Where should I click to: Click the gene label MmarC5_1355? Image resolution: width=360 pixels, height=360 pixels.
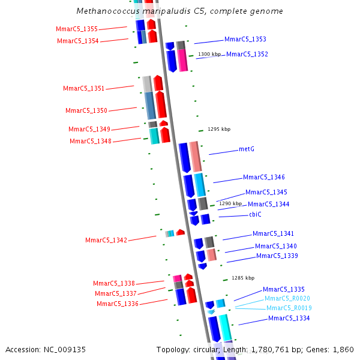[x=76, y=29]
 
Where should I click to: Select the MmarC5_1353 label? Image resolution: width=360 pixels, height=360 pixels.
[x=245, y=39]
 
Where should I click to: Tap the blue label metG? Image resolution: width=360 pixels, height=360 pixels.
[x=247, y=149]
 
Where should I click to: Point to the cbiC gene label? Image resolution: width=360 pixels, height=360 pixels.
[x=255, y=214]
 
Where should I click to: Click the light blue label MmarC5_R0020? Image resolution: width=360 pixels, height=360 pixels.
[x=287, y=298]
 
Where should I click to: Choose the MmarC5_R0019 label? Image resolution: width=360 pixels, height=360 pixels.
[x=289, y=308]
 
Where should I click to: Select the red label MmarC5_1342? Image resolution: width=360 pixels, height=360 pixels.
[x=106, y=240]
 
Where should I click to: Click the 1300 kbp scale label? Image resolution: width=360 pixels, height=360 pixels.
[x=209, y=55]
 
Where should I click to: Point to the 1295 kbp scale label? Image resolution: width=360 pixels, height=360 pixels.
[x=219, y=129]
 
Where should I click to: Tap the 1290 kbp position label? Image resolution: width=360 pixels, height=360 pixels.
[x=230, y=203]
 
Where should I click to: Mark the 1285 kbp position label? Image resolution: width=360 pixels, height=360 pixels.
[x=243, y=278]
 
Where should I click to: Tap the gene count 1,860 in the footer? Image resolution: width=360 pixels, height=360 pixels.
[x=344, y=349]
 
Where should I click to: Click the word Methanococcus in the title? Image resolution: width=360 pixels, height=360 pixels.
[x=105, y=11]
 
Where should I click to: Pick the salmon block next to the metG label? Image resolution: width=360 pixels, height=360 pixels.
[x=196, y=157]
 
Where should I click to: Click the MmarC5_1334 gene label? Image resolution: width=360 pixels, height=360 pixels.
[x=289, y=318]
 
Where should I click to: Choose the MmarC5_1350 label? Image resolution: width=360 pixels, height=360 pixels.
[x=86, y=110]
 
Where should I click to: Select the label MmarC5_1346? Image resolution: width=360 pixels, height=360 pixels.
[x=263, y=177]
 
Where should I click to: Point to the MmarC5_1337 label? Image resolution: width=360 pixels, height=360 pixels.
[x=116, y=293]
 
